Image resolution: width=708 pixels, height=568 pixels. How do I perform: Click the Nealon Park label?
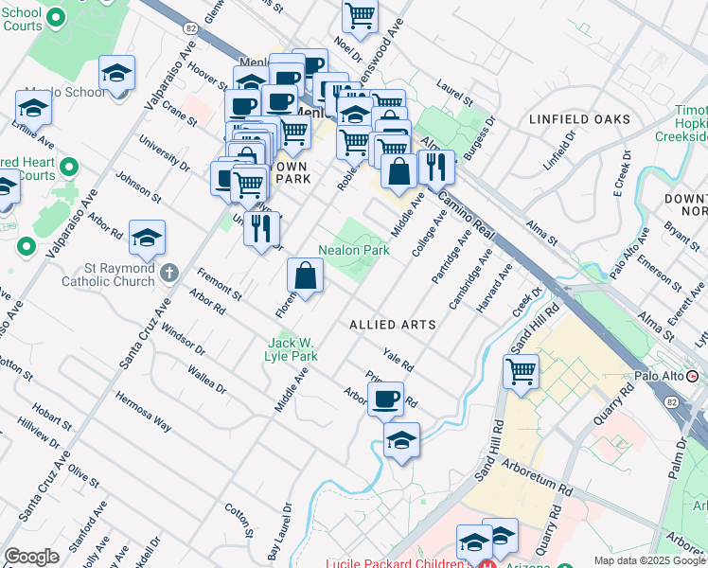point(354,251)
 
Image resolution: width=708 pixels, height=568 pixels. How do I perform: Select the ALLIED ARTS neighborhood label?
point(393,325)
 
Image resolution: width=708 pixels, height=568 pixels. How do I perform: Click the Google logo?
point(31,557)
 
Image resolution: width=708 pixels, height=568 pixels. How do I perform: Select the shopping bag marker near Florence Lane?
point(306,276)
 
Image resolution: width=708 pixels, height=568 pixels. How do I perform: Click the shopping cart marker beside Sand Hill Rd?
point(521,372)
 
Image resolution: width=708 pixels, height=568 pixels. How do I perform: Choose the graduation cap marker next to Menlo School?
point(116,73)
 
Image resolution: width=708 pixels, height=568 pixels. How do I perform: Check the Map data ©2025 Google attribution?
point(649,560)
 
